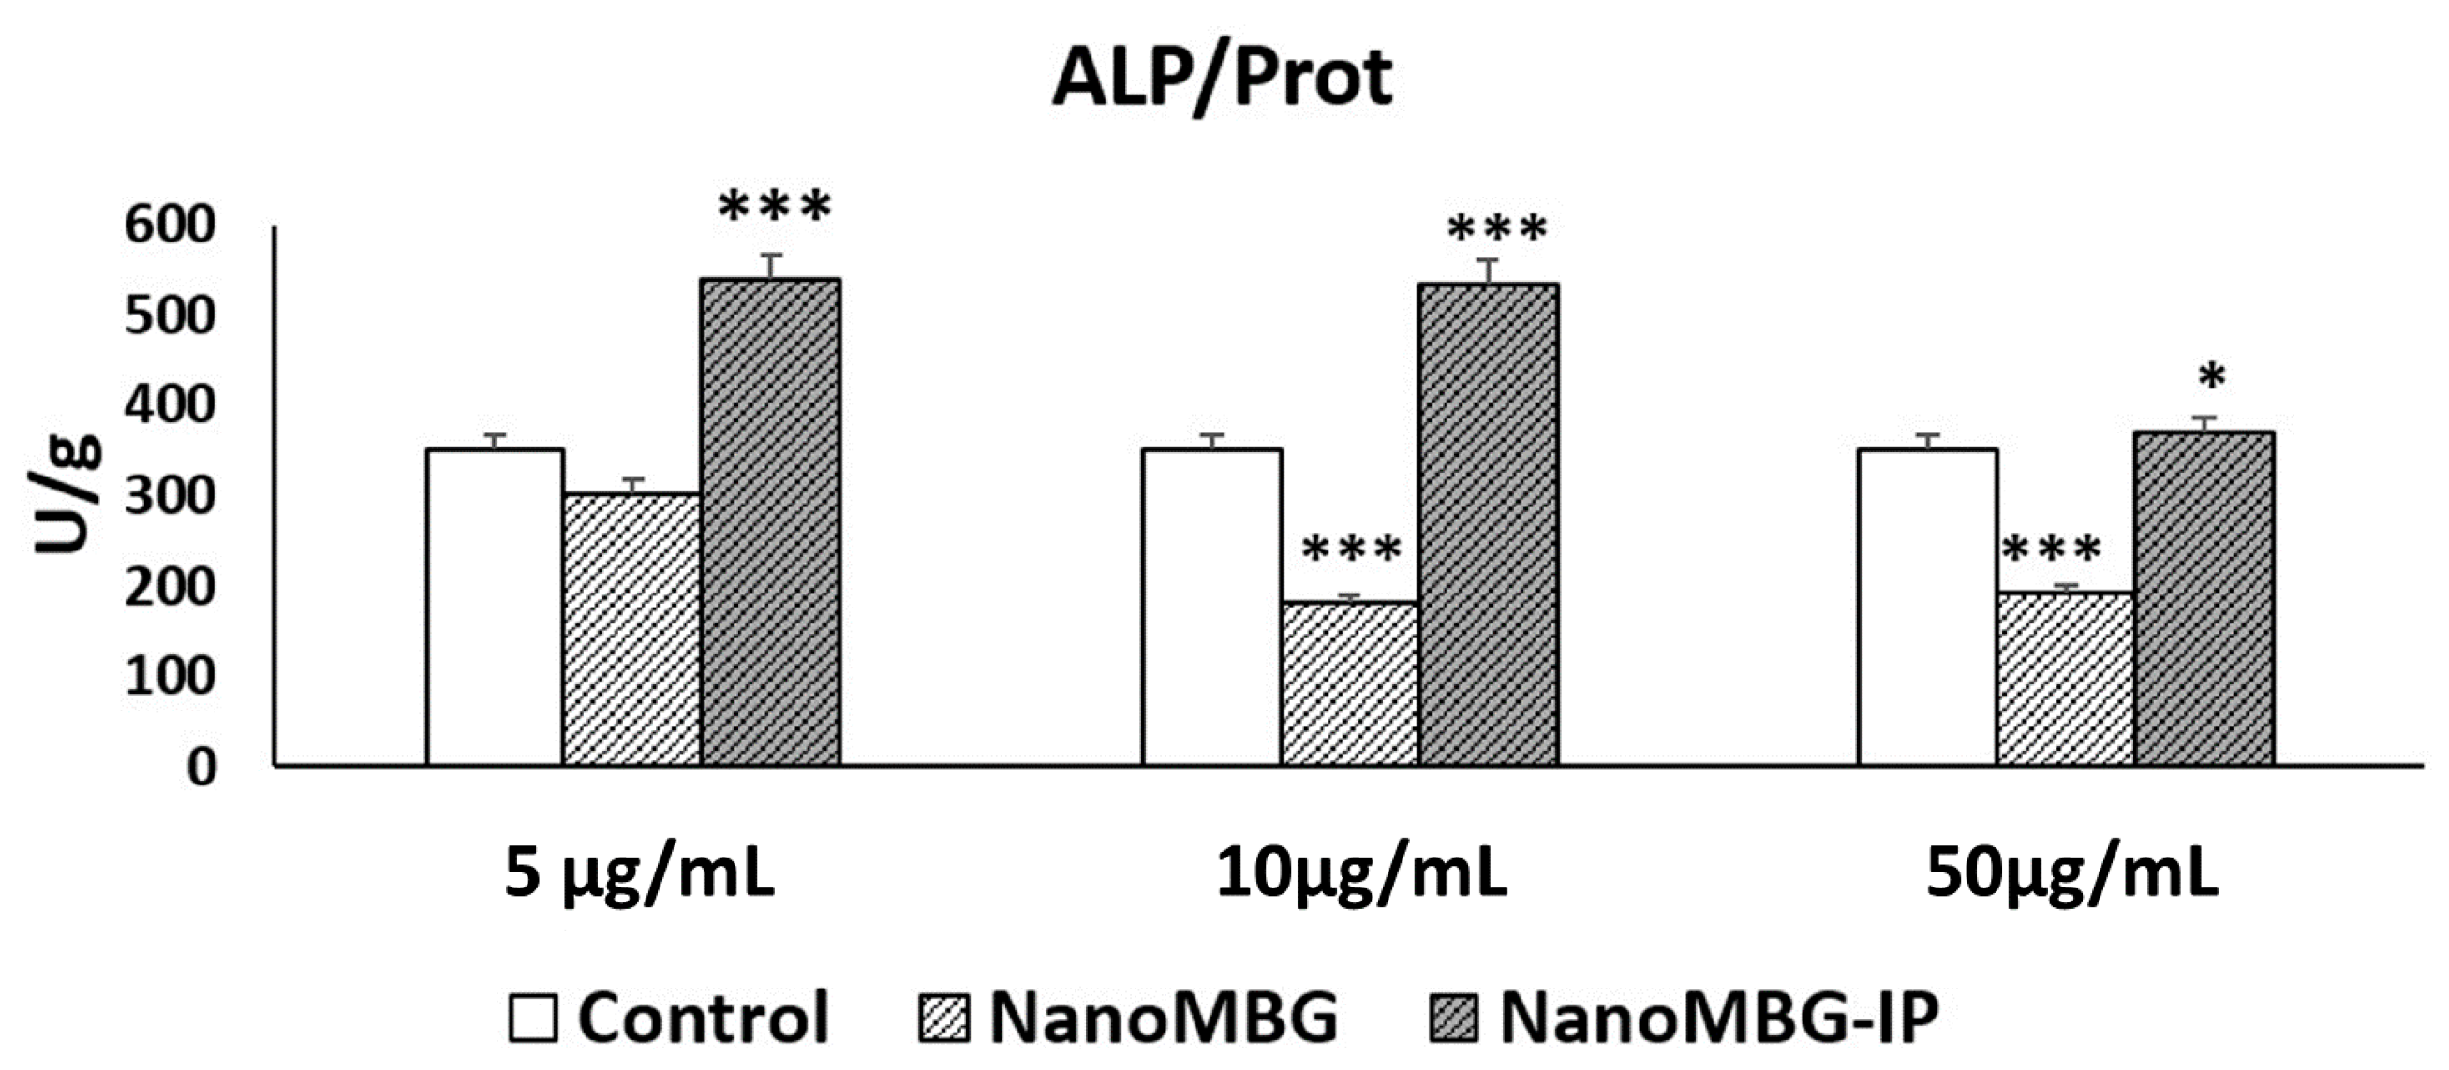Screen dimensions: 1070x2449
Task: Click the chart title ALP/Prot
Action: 1224,78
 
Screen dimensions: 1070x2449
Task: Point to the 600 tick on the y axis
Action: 171,227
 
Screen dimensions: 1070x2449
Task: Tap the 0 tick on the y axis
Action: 200,767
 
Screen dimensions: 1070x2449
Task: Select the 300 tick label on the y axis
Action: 171,496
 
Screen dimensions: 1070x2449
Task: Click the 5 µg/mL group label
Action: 639,874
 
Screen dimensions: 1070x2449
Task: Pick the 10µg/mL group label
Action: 1360,874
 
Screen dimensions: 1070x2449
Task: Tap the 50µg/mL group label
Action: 2071,874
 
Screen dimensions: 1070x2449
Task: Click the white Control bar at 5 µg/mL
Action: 495,608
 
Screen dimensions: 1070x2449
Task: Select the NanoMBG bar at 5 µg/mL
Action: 632,629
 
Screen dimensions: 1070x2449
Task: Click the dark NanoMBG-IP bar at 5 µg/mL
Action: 770,522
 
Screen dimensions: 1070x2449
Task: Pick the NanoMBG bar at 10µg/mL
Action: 1350,684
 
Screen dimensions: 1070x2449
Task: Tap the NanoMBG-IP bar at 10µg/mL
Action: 1488,524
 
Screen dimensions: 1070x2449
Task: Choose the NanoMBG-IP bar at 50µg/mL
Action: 2204,599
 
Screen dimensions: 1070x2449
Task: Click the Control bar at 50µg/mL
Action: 1928,608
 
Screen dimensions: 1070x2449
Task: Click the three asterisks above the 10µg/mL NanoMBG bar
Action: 1351,550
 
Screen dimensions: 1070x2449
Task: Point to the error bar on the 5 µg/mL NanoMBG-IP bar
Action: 770,266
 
